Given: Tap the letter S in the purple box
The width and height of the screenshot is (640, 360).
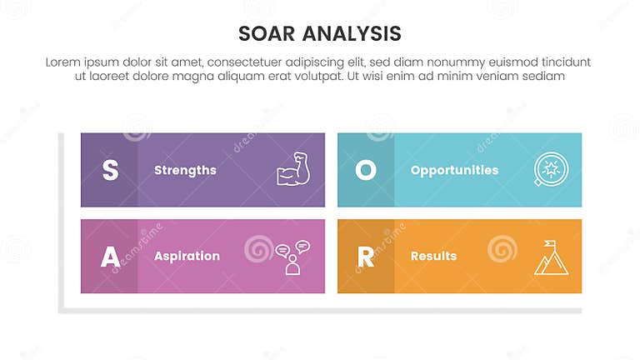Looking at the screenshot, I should pos(109,170).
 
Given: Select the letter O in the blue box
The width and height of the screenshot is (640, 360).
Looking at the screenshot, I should pos(366,170).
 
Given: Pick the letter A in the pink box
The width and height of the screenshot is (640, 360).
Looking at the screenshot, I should pos(109,257).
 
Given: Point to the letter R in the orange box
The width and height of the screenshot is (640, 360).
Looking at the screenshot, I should pos(366,257).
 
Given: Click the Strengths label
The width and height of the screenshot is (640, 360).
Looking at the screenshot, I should pos(185,170).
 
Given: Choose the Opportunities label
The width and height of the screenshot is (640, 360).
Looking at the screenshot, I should pos(454,170).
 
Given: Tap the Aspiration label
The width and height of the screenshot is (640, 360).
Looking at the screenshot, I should pos(187,257).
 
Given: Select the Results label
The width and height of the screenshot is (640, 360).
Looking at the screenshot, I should pos(433,257).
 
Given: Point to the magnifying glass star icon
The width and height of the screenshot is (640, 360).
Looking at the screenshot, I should pos(551,169).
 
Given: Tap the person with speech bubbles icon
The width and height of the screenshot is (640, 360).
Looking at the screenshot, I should pos(292,257).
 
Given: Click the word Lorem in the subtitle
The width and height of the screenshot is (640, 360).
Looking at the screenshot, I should pos(63,62).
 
